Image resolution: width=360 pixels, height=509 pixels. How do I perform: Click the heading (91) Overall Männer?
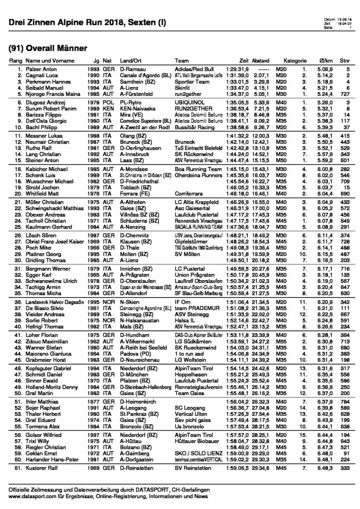(x=48, y=48)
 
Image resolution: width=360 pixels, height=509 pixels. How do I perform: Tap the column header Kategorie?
(x=296, y=60)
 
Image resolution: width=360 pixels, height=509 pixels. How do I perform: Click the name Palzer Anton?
(x=38, y=69)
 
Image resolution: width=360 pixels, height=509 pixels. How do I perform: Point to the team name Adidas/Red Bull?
(x=194, y=69)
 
